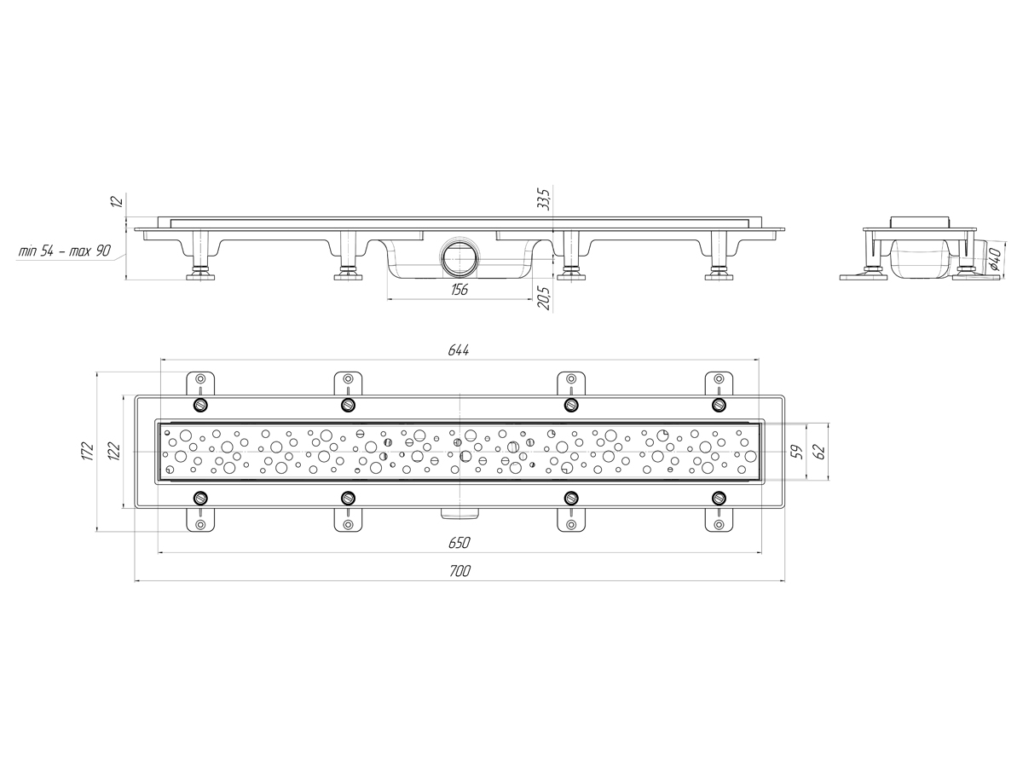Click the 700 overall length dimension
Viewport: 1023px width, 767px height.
point(459,571)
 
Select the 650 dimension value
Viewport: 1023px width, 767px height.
point(459,543)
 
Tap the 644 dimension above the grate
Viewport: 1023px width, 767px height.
point(459,350)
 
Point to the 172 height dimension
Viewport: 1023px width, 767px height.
point(88,452)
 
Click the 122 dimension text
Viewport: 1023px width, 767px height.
point(114,451)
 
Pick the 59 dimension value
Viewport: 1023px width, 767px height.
point(798,451)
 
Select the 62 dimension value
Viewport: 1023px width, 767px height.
point(820,451)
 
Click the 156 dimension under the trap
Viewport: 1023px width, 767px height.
point(459,290)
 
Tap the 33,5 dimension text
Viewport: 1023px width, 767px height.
point(545,198)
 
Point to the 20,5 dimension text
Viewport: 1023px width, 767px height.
point(545,298)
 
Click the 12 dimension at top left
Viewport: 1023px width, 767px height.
point(118,201)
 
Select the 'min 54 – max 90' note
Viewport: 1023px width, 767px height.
point(64,251)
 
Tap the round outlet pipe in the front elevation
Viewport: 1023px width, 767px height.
point(459,258)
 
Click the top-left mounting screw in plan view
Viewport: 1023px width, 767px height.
point(201,405)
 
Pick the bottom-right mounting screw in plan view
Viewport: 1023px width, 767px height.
point(720,499)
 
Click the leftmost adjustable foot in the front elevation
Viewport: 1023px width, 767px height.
point(201,256)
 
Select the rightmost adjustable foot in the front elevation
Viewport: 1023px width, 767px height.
point(720,256)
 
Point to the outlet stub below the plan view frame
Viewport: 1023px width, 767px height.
point(459,513)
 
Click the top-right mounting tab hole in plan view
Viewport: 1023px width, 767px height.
point(720,378)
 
